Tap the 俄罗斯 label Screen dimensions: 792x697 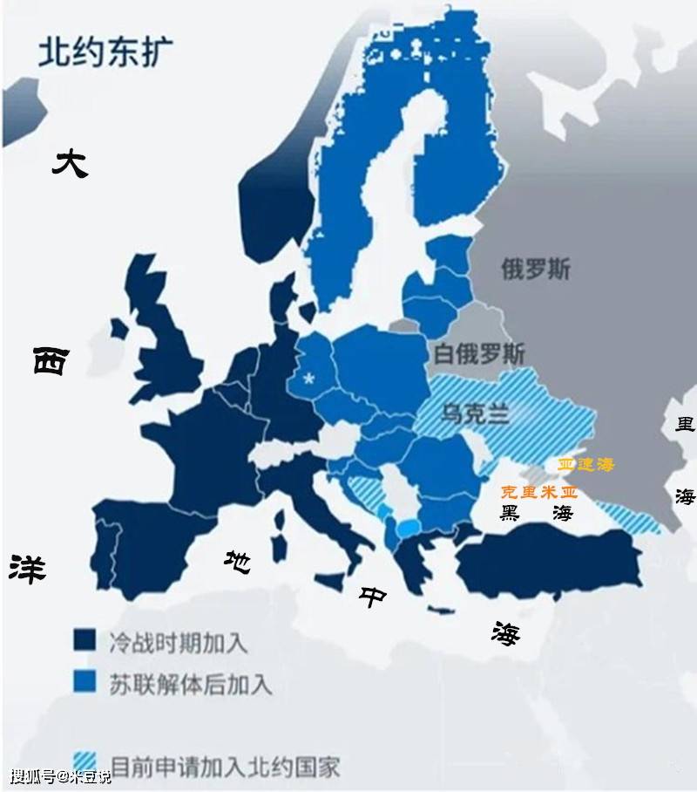[x=536, y=269]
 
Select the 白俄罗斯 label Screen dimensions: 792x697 [x=479, y=353]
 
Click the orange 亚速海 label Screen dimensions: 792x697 [x=585, y=465]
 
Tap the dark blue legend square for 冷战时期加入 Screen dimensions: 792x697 [x=85, y=640]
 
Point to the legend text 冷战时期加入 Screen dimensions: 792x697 [x=179, y=643]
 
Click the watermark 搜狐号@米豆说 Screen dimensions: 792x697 [x=61, y=776]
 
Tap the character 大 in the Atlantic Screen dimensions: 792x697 [x=70, y=163]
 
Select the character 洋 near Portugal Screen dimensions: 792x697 [x=28, y=567]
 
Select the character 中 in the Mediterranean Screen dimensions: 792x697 [x=374, y=597]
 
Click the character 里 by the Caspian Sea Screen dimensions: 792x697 [x=686, y=426]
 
